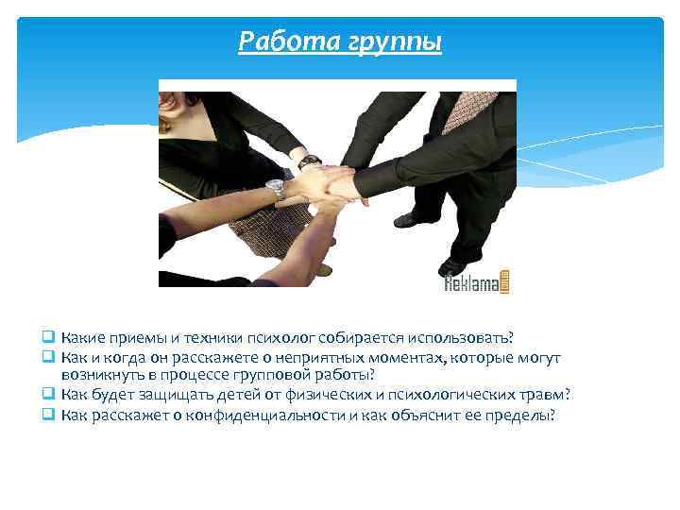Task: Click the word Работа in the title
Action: click(x=280, y=42)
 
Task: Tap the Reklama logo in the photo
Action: click(x=478, y=280)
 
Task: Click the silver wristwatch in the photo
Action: click(x=276, y=190)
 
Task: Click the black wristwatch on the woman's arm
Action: click(x=309, y=161)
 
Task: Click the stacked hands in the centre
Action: click(x=331, y=183)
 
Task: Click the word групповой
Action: click(x=268, y=375)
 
